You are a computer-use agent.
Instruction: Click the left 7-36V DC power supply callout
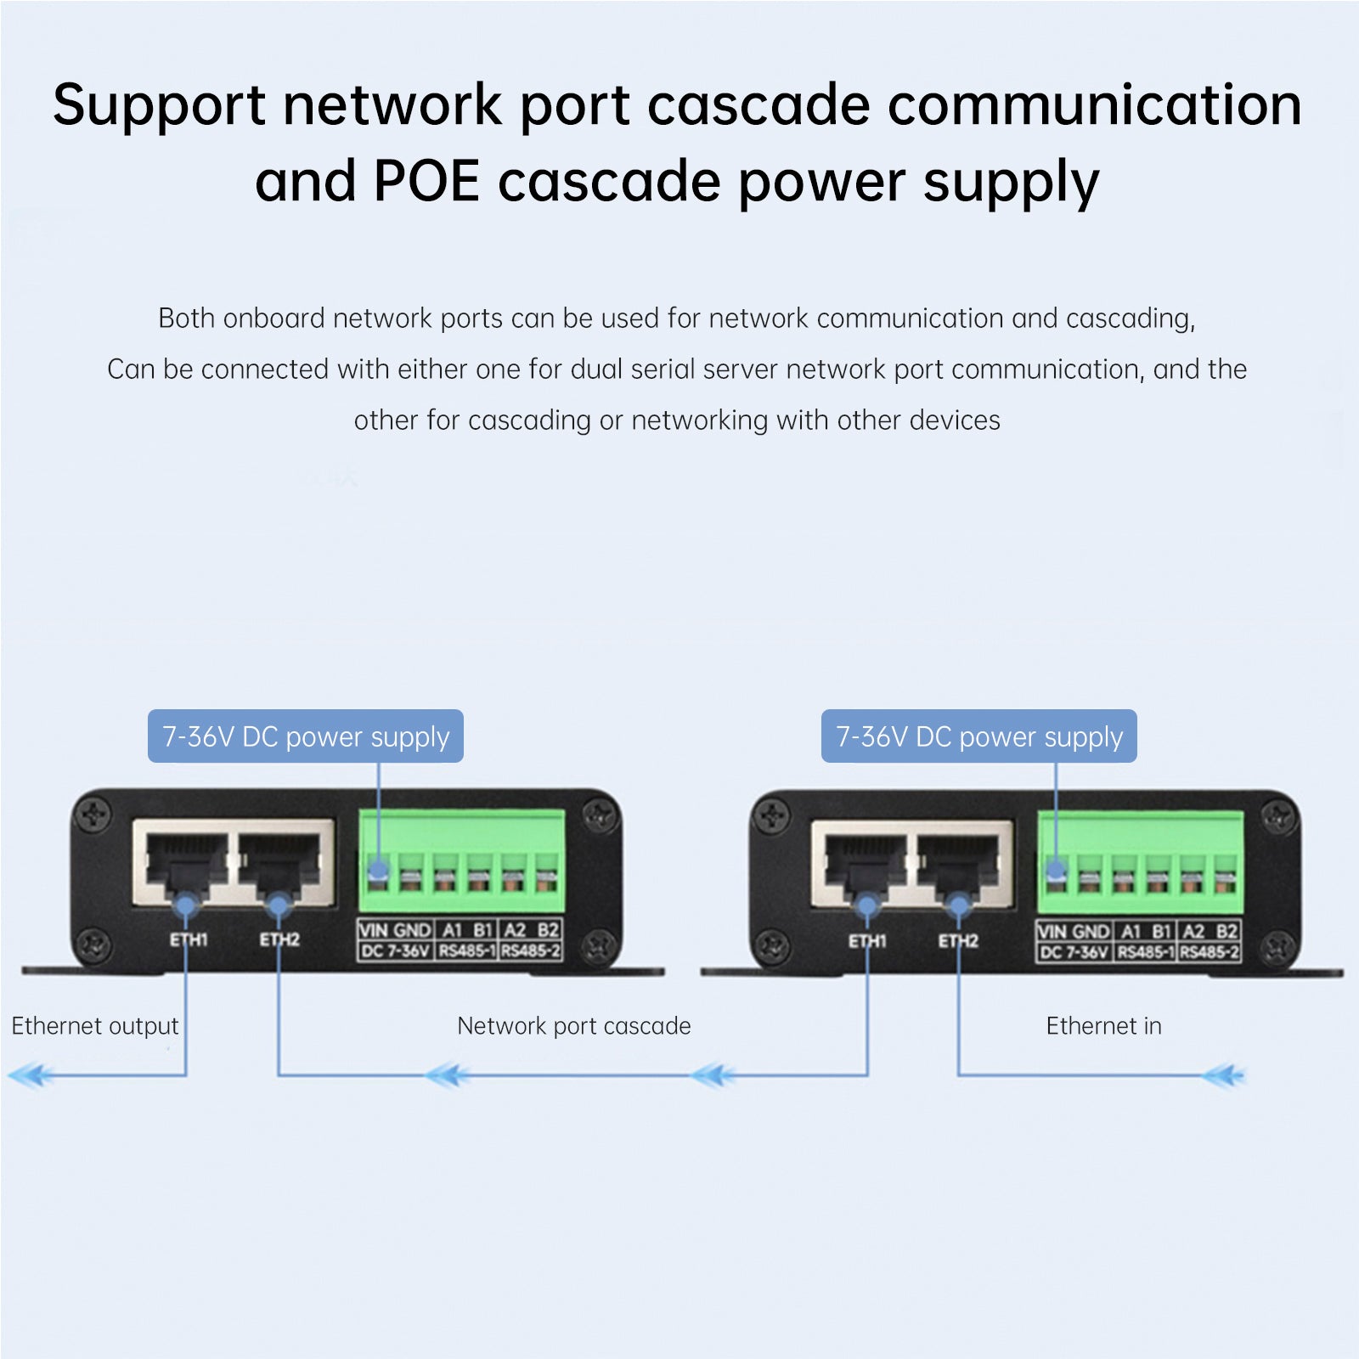306,736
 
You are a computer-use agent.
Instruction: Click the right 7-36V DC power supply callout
978,736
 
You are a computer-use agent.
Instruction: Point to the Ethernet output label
95,1026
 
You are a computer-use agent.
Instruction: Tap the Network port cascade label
573,1026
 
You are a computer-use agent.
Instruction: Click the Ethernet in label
1103,1026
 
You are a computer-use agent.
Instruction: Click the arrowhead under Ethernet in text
1223,1076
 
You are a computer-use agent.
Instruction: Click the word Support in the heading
159,106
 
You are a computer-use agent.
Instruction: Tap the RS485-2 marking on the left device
531,951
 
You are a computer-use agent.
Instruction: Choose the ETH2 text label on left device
279,939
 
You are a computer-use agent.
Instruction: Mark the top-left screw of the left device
93,815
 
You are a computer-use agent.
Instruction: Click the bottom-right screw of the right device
1277,946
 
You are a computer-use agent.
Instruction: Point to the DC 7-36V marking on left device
395,951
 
